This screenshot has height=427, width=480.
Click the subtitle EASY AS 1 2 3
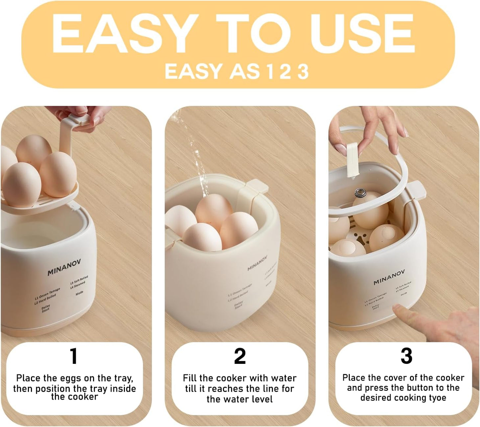click(237, 71)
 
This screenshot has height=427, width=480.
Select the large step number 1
click(74, 356)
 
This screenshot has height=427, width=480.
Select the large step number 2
click(240, 356)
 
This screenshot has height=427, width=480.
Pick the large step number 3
click(406, 356)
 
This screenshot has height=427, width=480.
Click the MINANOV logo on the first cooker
click(64, 267)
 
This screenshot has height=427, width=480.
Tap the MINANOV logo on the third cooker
click(389, 277)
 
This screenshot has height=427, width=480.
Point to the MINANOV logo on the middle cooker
click(257, 263)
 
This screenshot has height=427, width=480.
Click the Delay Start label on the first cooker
click(46, 308)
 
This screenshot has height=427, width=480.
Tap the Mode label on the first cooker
click(79, 293)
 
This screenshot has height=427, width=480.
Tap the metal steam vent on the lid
click(359, 192)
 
